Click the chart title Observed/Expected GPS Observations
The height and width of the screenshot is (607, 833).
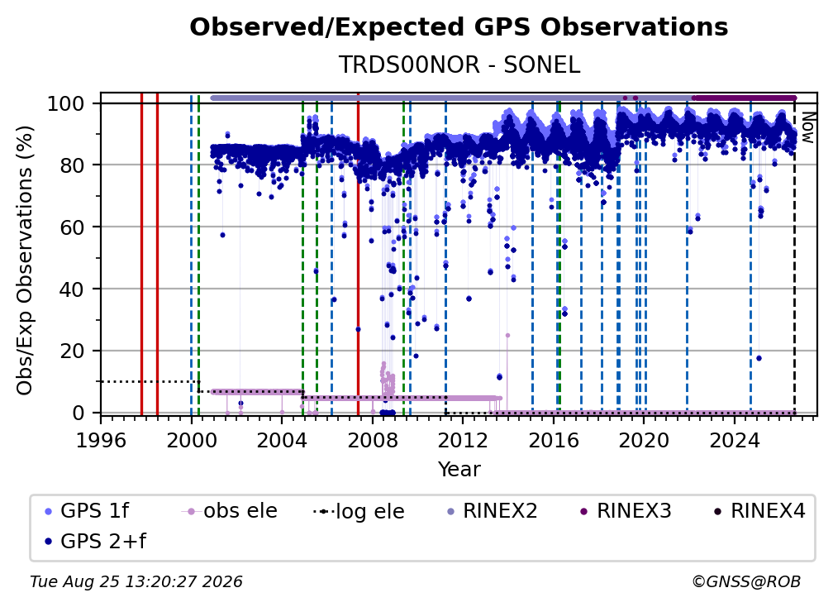pos(459,27)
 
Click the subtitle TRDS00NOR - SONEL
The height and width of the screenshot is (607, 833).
pos(459,65)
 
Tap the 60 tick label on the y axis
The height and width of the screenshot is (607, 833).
pos(72,227)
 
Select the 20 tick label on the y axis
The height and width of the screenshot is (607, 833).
pos(72,351)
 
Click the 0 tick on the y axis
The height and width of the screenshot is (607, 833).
pos(79,413)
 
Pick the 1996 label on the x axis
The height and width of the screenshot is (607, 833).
pos(101,441)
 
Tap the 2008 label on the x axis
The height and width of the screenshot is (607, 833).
pos(373,441)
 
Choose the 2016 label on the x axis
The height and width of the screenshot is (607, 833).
pos(554,441)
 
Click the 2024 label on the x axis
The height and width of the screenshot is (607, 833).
pos(734,441)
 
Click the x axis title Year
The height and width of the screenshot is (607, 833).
pos(459,470)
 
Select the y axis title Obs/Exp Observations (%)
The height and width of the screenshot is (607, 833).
pos(25,260)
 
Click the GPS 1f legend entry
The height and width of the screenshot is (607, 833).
pos(87,511)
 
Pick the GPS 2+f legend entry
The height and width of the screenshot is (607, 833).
pos(95,541)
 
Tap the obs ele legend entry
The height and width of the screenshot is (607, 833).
pos(230,511)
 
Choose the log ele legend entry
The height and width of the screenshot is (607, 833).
pos(359,511)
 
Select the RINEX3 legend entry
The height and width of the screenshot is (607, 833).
pos(626,511)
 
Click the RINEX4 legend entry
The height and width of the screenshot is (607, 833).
pos(759,511)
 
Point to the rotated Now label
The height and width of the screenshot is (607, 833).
pos(807,127)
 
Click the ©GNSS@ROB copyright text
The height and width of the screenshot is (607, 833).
pos(746,582)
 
